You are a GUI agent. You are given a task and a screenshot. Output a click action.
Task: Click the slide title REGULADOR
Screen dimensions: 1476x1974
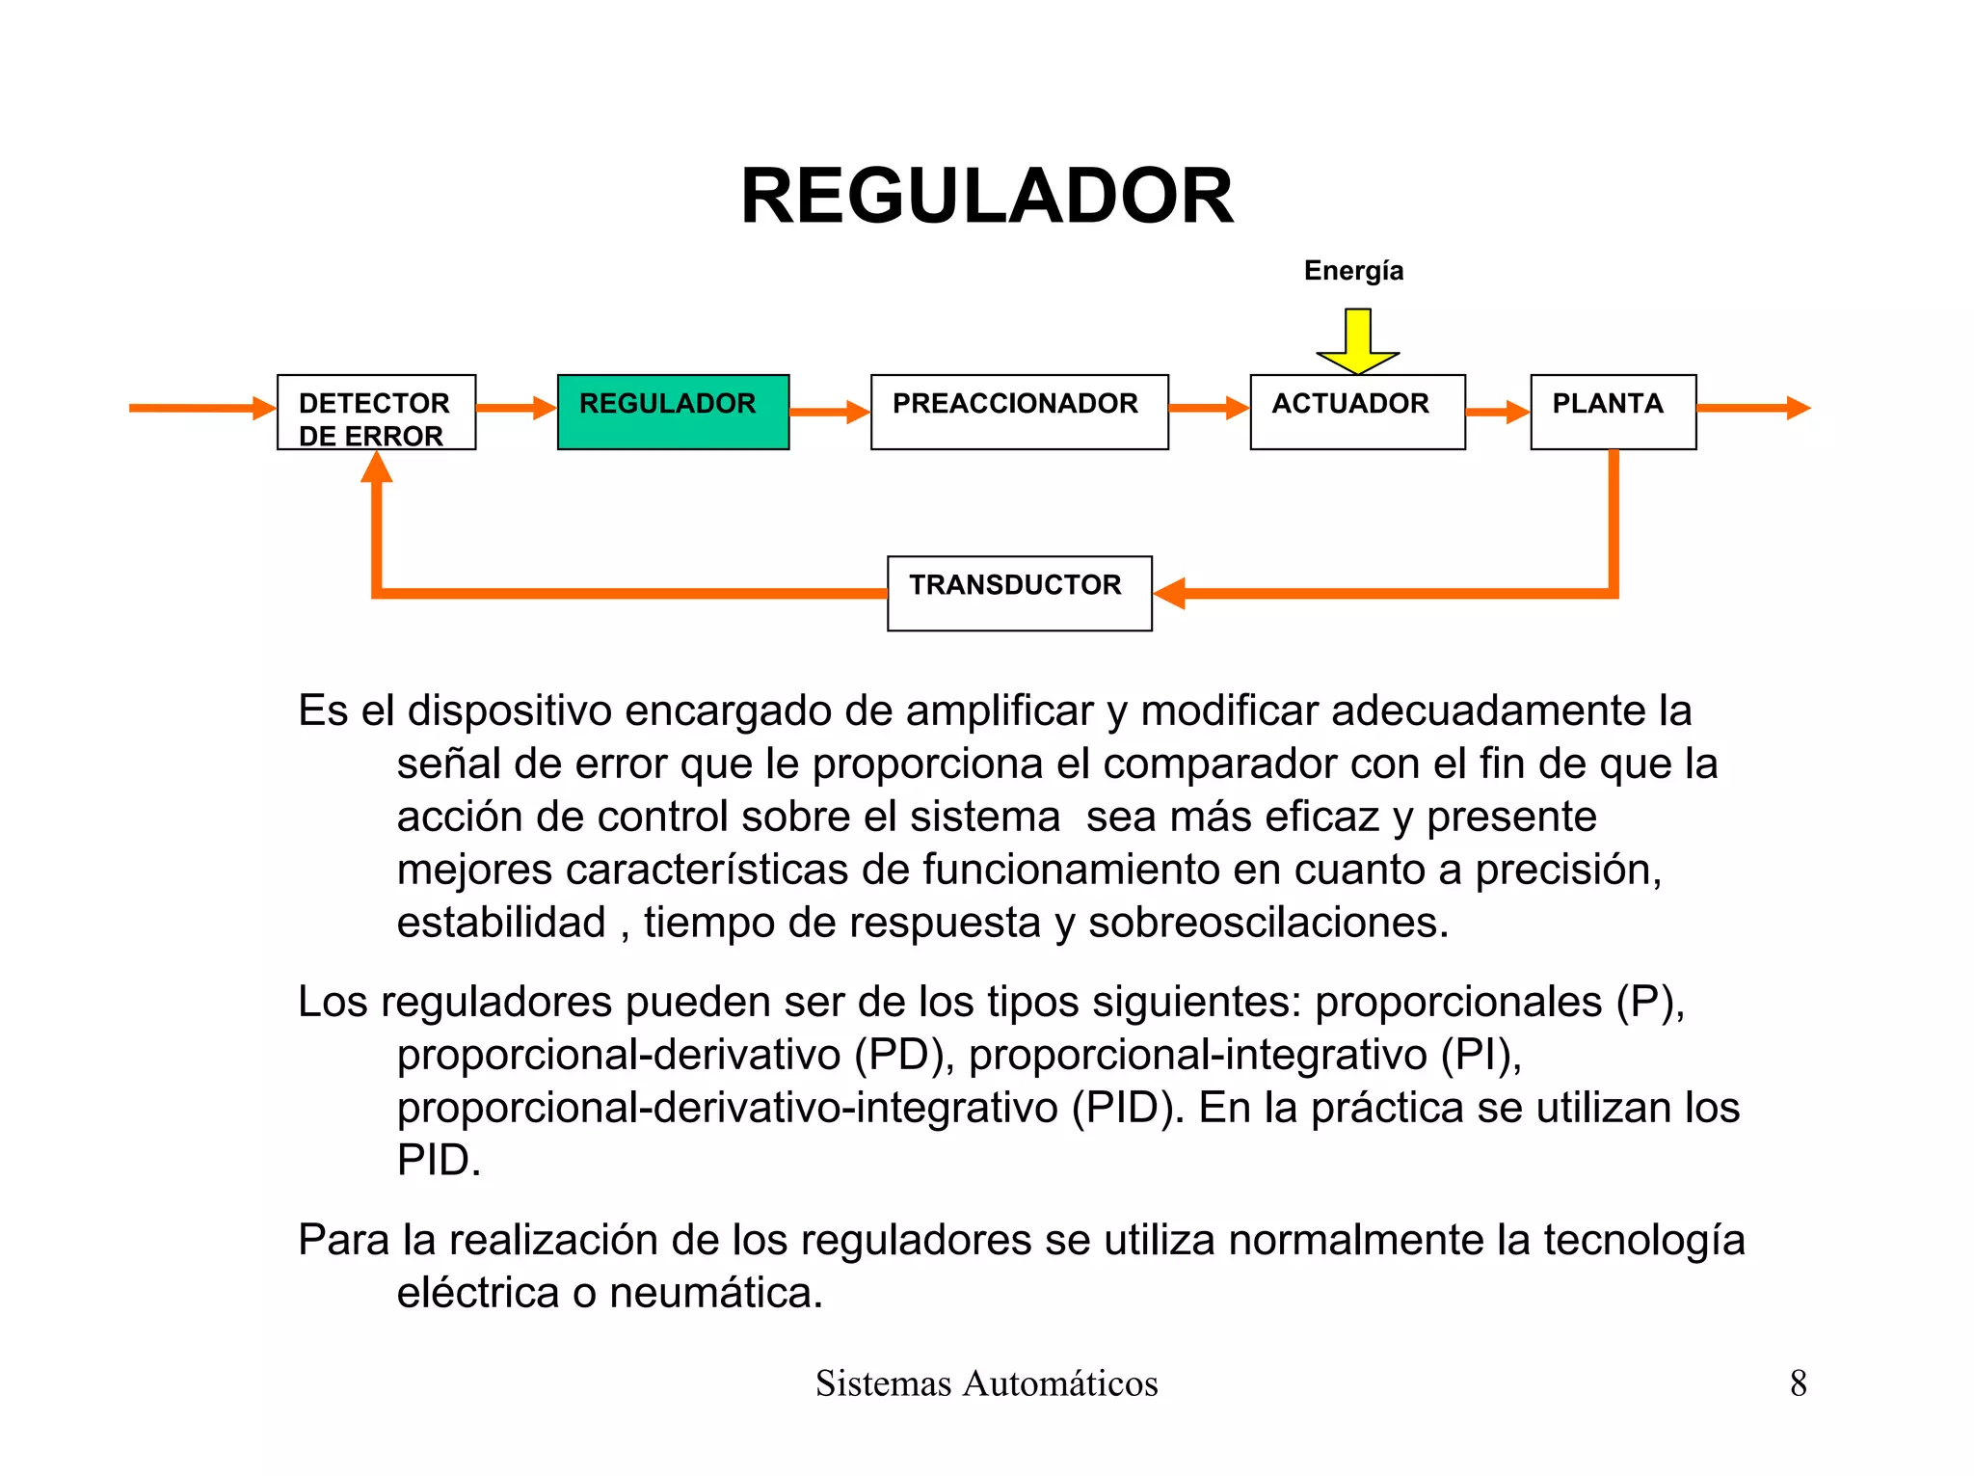tap(986, 197)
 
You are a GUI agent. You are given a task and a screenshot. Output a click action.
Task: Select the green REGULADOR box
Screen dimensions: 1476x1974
tap(673, 412)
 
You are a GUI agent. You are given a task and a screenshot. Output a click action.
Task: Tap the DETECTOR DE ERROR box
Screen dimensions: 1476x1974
tap(376, 413)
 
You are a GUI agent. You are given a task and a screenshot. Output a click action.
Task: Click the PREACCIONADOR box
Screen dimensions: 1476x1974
tap(1019, 412)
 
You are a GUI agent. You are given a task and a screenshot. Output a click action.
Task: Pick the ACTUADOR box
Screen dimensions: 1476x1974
tap(1357, 412)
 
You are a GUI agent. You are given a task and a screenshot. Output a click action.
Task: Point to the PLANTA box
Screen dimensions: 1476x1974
tap(1613, 412)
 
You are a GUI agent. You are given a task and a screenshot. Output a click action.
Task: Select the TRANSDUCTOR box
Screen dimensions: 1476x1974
tap(1019, 593)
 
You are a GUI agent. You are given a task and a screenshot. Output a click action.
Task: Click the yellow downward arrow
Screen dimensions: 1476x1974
tap(1358, 340)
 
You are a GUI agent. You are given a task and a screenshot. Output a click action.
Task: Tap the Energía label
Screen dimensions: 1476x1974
tap(1353, 271)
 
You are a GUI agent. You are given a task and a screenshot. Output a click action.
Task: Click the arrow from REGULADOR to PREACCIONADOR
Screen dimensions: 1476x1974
tap(829, 413)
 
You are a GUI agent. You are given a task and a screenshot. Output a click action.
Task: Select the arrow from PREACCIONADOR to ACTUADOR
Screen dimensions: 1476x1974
tap(1209, 408)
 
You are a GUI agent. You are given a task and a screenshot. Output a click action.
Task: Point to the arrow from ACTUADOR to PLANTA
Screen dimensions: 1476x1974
tap(1497, 413)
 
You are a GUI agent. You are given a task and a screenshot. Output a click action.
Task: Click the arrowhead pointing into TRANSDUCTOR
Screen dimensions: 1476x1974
tap(1169, 593)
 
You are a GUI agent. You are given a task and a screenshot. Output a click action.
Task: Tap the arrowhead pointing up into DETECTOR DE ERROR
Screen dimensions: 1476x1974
tap(377, 468)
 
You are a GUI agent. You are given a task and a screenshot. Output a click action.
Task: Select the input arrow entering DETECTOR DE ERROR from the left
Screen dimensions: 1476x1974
tap(202, 408)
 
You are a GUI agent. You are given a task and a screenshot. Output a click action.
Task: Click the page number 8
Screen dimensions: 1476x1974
tap(1798, 1383)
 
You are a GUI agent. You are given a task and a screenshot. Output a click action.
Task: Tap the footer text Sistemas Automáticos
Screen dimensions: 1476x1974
tap(986, 1383)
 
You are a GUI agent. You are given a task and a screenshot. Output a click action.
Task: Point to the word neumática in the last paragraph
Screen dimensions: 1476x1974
tap(715, 1294)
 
